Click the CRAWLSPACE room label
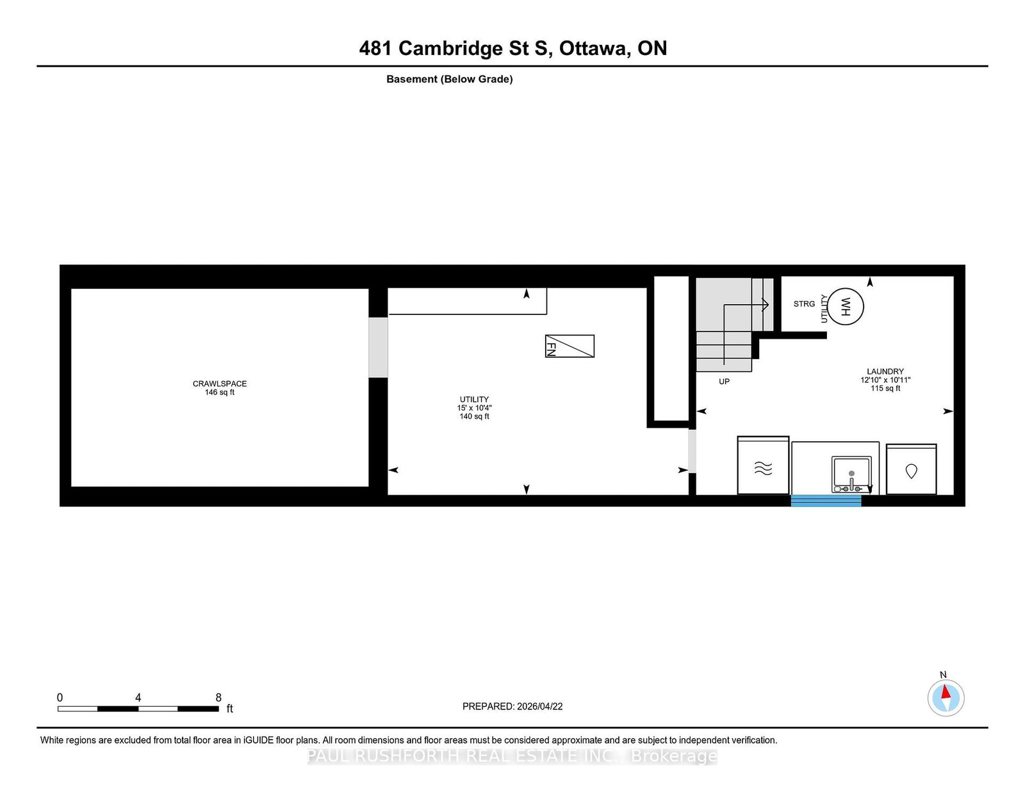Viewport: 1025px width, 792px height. (x=219, y=384)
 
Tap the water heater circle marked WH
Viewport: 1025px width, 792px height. (x=845, y=307)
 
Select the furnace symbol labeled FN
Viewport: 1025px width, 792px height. (x=570, y=346)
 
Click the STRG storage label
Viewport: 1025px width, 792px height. (x=804, y=304)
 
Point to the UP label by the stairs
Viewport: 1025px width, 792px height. (x=724, y=382)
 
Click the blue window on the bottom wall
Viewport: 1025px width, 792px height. (x=826, y=501)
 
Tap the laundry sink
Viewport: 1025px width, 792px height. (x=851, y=474)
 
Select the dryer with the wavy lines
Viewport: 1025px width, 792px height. (x=763, y=465)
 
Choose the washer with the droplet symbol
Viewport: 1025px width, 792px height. (x=912, y=469)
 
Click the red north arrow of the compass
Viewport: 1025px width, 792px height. (x=946, y=691)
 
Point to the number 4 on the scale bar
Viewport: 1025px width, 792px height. (x=138, y=697)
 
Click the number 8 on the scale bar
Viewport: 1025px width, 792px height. (x=218, y=697)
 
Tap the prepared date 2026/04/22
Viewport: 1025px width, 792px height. (x=539, y=706)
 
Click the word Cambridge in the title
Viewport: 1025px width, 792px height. (x=450, y=49)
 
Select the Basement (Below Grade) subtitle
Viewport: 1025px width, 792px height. (x=450, y=79)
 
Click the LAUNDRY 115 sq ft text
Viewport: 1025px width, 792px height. (x=885, y=380)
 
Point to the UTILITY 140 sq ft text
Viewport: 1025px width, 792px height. (x=474, y=408)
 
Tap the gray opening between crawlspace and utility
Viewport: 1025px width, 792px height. (x=378, y=348)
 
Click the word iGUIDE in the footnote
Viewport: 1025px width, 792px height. (x=258, y=740)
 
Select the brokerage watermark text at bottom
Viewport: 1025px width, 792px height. (x=512, y=756)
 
